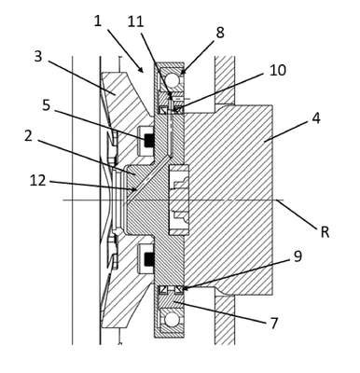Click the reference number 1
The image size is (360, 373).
pyautogui.click(x=98, y=21)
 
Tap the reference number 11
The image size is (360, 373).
pyautogui.click(x=135, y=21)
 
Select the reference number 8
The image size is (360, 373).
pyautogui.click(x=220, y=33)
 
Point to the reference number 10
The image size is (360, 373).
pyautogui.click(x=278, y=70)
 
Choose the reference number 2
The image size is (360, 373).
pyautogui.click(x=28, y=136)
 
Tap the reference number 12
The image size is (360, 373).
pyautogui.click(x=37, y=181)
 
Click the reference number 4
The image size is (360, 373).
pyautogui.click(x=316, y=118)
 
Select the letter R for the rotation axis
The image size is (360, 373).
pyautogui.click(x=325, y=232)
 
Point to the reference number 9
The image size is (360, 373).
pyautogui.click(x=298, y=256)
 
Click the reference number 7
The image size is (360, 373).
pyautogui.click(x=274, y=324)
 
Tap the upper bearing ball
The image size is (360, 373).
pyautogui.click(x=172, y=80)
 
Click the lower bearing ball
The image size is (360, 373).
pyautogui.click(x=172, y=320)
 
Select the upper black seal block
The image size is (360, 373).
pyautogui.click(x=149, y=140)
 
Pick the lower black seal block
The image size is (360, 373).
pyautogui.click(x=149, y=259)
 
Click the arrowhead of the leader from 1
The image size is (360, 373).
pyautogui.click(x=142, y=70)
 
